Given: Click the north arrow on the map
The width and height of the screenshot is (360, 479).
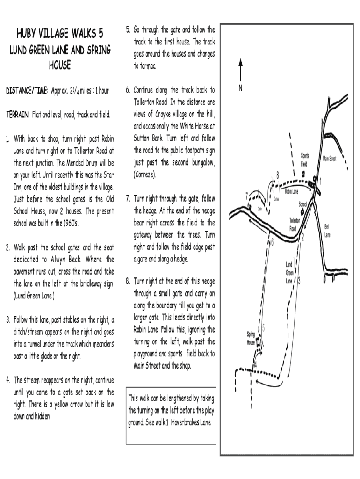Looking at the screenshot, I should (x=240, y=70).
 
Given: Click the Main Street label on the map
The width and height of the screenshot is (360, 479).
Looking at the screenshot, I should (x=330, y=159).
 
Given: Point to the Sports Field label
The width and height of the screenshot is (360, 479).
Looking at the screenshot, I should (x=304, y=160).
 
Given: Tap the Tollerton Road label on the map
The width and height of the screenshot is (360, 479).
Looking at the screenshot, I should (x=295, y=224).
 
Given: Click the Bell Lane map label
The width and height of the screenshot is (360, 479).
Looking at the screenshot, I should (x=327, y=231).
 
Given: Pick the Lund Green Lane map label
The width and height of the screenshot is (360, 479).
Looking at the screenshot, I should (x=289, y=273).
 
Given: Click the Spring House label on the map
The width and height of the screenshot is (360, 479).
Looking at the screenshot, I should (x=251, y=338).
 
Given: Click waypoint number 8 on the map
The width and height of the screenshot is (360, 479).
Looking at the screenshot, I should (x=278, y=174).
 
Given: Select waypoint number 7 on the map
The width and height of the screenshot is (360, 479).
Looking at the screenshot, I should (x=247, y=196).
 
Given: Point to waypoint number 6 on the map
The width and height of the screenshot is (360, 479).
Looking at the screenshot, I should (x=273, y=242).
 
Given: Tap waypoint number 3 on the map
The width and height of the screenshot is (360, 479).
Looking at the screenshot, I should (x=299, y=281).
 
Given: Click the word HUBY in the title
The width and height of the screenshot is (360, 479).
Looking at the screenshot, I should (x=29, y=34).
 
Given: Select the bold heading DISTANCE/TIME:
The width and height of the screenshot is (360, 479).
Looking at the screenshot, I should (x=27, y=90).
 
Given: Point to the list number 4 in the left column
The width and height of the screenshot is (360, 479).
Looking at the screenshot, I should (x=8, y=379).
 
